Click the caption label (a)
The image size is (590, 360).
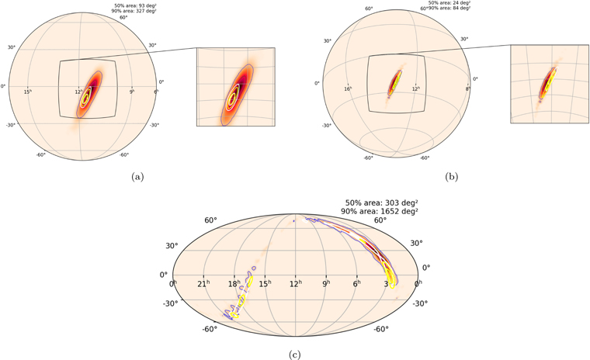pyautogui.click(x=138, y=177)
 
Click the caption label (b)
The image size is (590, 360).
pyautogui.click(x=452, y=177)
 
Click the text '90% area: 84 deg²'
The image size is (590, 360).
pyautogui.click(x=450, y=9)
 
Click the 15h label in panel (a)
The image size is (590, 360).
pyautogui.click(x=28, y=92)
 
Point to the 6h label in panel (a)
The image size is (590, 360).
pyautogui.click(x=155, y=92)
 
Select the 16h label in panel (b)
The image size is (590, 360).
pyautogui.click(x=348, y=89)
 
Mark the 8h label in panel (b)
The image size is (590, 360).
pyautogui.click(x=467, y=89)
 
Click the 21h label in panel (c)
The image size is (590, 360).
pyautogui.click(x=203, y=284)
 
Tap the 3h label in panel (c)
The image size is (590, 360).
pyautogui.click(x=387, y=284)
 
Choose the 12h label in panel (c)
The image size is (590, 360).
pyautogui.click(x=295, y=284)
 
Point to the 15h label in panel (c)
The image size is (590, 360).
pyautogui.click(x=264, y=284)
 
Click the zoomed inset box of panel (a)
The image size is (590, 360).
pyautogui.click(x=235, y=87)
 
